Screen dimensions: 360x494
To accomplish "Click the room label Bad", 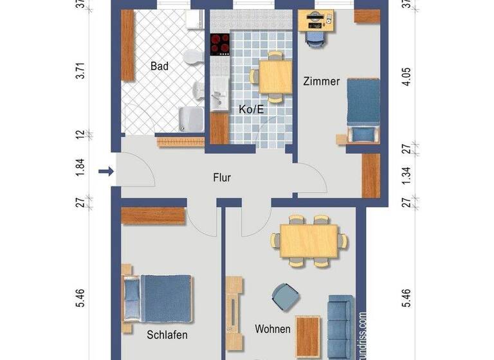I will pyautogui.click(x=159, y=66).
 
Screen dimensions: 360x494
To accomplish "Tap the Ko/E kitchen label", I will pyautogui.click(x=252, y=110).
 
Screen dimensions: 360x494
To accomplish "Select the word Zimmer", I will pyautogui.click(x=321, y=81).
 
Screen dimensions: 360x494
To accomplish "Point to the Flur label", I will pyautogui.click(x=222, y=178).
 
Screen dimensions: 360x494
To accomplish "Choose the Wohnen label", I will pyautogui.click(x=273, y=329).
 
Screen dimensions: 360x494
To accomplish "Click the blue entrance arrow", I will pyautogui.click(x=106, y=171).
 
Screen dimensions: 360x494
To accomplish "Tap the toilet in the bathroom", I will pyautogui.click(x=191, y=59).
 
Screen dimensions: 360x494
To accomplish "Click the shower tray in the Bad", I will pyautogui.click(x=190, y=118).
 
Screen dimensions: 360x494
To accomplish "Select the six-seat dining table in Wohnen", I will pyautogui.click(x=309, y=240).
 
